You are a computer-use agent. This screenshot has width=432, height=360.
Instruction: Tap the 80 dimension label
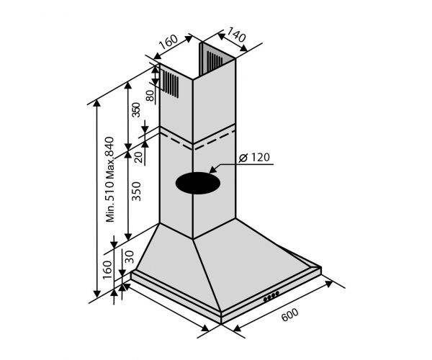click(150, 94)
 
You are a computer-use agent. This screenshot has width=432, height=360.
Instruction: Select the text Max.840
click(110, 157)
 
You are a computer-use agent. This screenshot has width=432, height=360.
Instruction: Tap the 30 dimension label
click(130, 256)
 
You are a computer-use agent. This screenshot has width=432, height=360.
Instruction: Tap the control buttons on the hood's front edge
click(272, 295)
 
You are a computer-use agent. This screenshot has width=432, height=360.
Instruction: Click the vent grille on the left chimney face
click(171, 84)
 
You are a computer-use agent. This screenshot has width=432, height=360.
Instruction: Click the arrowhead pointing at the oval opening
click(215, 171)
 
